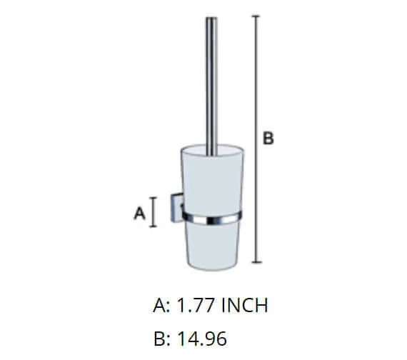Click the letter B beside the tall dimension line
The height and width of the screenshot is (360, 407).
click(x=268, y=139)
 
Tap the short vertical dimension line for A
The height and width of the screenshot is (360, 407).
click(x=154, y=211)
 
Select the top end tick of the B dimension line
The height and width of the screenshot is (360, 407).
click(x=256, y=16)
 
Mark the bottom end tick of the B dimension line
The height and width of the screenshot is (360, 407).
click(x=256, y=264)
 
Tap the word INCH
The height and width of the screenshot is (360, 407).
click(x=246, y=306)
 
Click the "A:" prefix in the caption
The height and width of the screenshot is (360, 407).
click(x=161, y=306)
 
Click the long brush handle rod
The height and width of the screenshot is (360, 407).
click(x=211, y=86)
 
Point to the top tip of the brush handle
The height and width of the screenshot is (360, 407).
click(x=211, y=18)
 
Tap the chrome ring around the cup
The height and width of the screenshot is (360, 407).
click(x=211, y=216)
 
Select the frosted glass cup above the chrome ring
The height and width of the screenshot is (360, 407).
click(x=211, y=179)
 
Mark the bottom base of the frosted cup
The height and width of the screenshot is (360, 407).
click(x=211, y=266)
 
